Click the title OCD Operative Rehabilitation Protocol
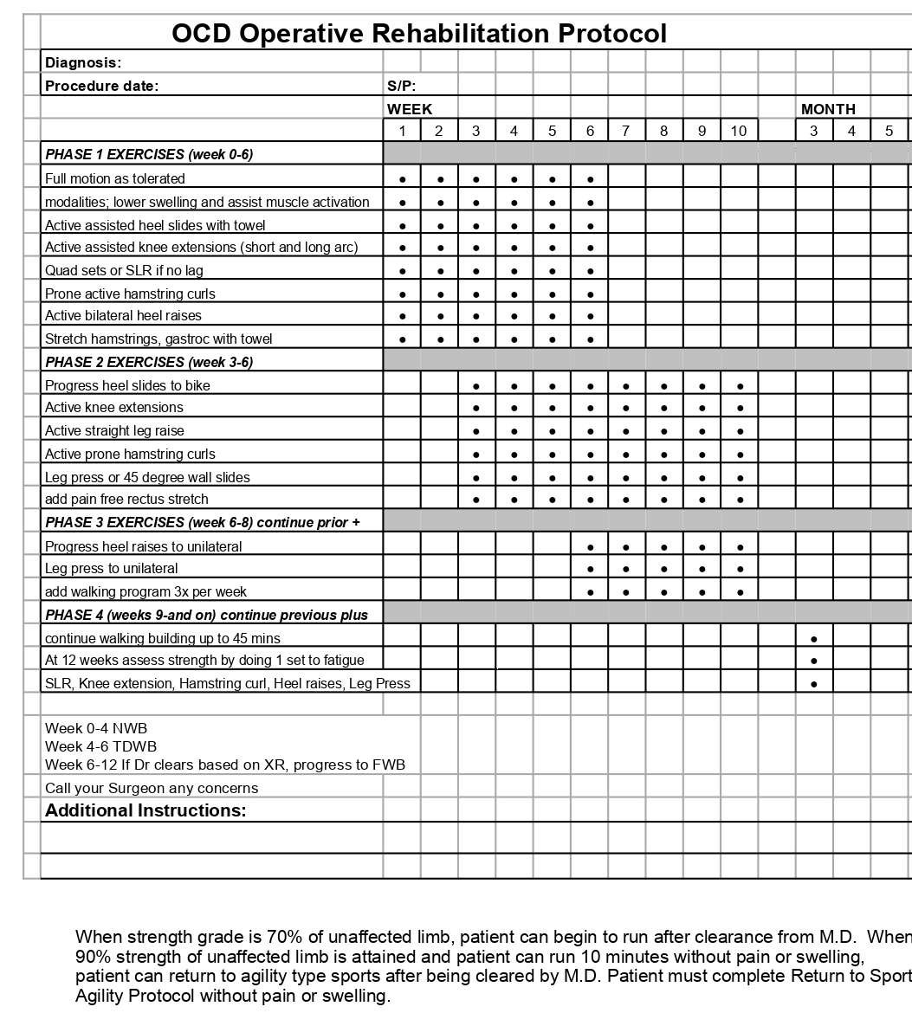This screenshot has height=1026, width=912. pos(419,33)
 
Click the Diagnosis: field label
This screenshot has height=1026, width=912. pos(83,62)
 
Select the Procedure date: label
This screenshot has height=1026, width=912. pos(101,86)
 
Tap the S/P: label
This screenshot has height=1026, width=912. pos(402,86)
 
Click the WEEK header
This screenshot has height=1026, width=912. pos(410,109)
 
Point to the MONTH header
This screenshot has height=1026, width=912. pos(828,109)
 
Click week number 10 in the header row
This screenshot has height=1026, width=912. pos(739,131)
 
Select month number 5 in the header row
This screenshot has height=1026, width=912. pos(889,131)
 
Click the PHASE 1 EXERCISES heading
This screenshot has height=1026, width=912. pos(149,154)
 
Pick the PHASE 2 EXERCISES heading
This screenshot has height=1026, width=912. pos(149,362)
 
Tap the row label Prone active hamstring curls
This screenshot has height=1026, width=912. pos(130,294)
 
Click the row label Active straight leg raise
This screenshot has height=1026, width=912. pos(114,430)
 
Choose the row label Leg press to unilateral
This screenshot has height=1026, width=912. pos(112,569)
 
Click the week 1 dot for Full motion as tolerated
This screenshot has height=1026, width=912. pos(403,179)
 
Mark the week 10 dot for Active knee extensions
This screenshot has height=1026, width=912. pos(740,408)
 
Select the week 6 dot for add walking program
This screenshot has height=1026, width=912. pos(590,592)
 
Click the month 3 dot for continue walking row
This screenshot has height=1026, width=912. pos(814,639)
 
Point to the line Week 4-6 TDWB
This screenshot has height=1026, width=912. pos(101,746)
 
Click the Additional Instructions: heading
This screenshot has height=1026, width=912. pos(146,810)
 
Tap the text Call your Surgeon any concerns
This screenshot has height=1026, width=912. pos(152,788)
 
